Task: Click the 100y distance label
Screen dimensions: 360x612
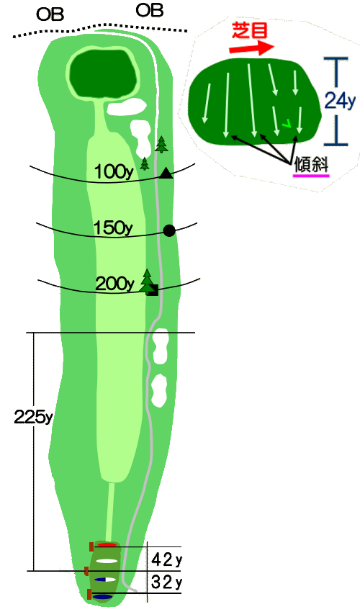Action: point(114,172)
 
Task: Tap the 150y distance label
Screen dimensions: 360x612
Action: point(113,228)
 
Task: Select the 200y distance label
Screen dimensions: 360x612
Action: point(114,284)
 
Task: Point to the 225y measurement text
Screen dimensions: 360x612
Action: point(33,417)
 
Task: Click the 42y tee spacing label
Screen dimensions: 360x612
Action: point(167,560)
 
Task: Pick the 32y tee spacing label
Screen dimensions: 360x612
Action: point(167,582)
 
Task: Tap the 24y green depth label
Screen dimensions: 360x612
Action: point(340,102)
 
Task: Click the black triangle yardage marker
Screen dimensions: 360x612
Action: point(166,173)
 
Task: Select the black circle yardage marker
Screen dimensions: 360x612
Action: point(169,230)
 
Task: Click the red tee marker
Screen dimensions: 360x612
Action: point(107,544)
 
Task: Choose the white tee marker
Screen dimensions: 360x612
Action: point(107,562)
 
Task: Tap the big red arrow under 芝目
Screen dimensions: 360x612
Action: point(252,48)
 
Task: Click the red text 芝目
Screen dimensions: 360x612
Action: point(250,30)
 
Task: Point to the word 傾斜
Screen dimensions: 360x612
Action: point(312,165)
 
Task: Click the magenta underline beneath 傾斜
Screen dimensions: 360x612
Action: point(311,176)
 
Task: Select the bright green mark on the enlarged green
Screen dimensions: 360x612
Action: point(287,123)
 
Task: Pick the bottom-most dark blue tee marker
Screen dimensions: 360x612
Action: point(102,597)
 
